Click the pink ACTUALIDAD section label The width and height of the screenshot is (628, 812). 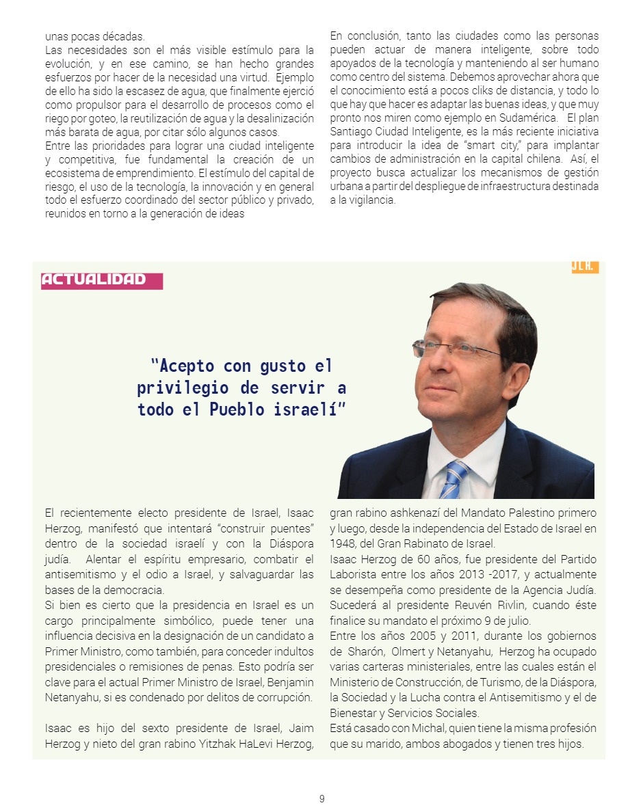pos(101,280)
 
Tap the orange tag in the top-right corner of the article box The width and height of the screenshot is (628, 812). pos(585,267)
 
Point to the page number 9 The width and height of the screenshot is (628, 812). pos(322,798)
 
